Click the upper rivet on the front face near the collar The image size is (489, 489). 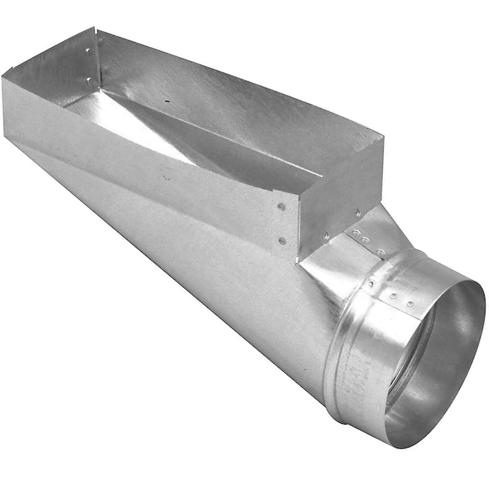(x=282, y=206)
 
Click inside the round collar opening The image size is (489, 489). (x=437, y=356)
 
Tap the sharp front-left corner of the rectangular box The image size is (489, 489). (x=4, y=74)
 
